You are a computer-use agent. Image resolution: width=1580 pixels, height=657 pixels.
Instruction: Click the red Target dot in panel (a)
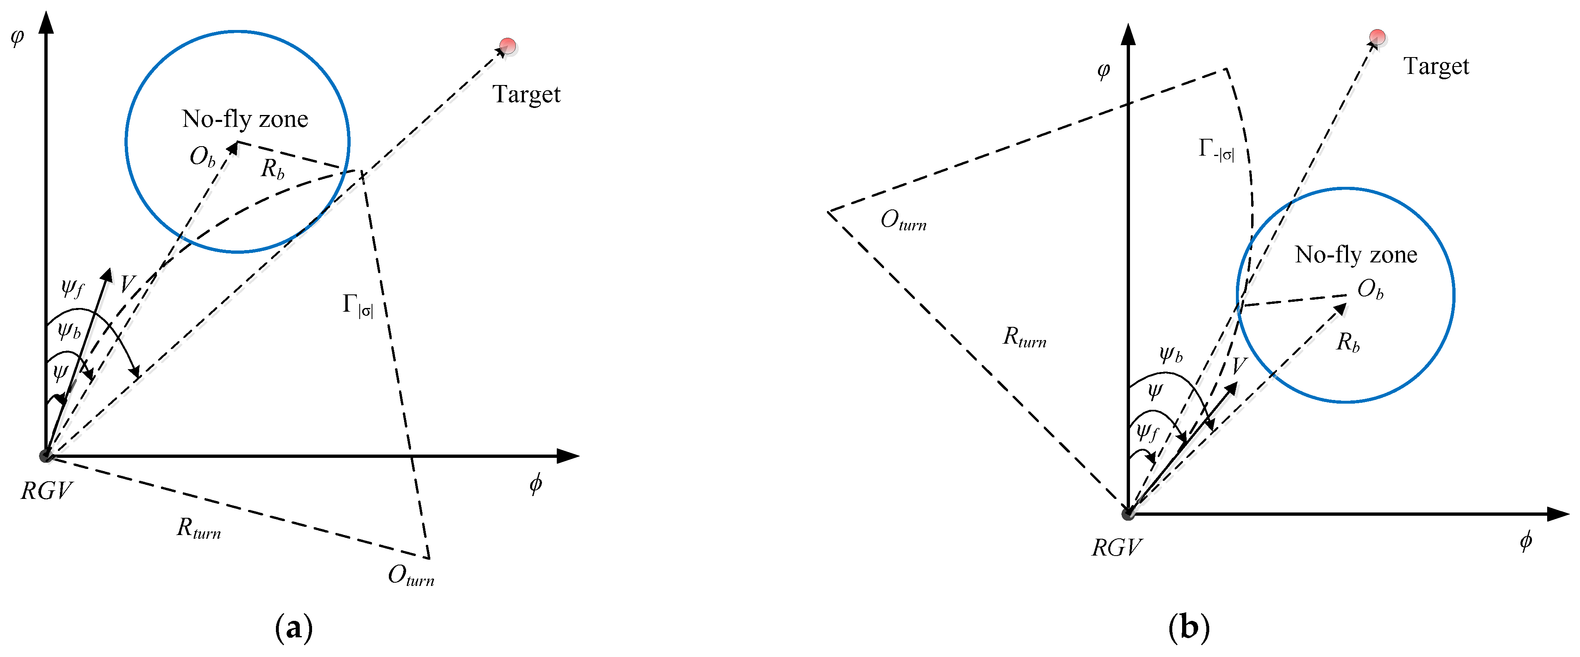pyautogui.click(x=507, y=46)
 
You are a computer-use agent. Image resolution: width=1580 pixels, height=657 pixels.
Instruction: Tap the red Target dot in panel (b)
pyautogui.click(x=1377, y=37)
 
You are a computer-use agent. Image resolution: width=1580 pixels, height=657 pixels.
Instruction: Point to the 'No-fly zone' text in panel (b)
pyautogui.click(x=1355, y=255)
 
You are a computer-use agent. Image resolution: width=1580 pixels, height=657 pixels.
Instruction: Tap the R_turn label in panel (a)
pyautogui.click(x=198, y=528)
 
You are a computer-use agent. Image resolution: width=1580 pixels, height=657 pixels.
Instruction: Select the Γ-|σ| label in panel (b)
pyautogui.click(x=1216, y=149)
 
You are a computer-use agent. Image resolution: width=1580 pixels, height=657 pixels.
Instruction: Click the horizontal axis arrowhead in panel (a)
pyautogui.click(x=569, y=456)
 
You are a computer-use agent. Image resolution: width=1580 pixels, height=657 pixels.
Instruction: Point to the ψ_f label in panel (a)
pyautogui.click(x=72, y=287)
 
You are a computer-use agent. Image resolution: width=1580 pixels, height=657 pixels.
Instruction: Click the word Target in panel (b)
pyautogui.click(x=1436, y=66)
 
